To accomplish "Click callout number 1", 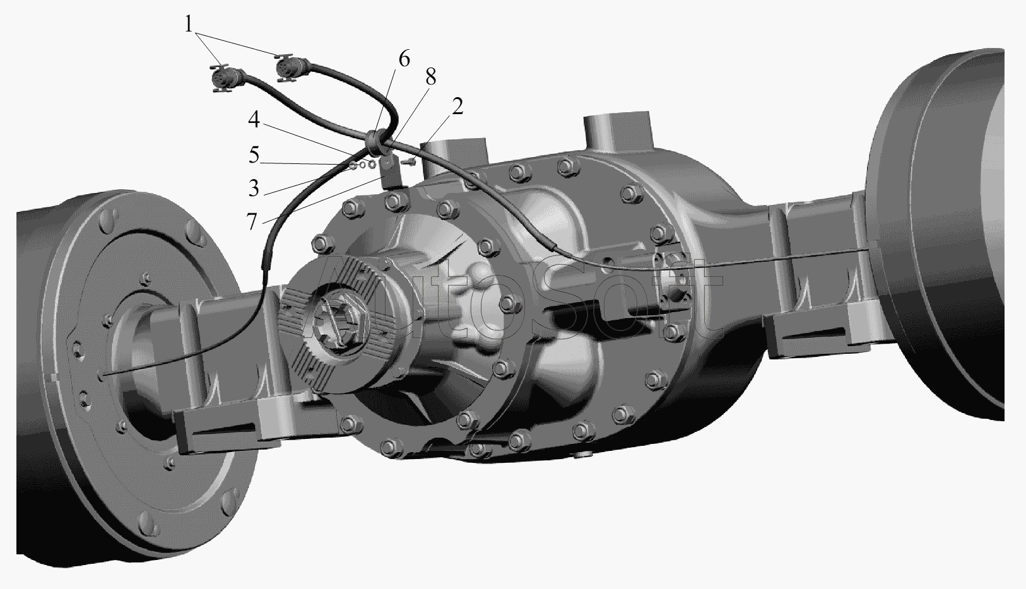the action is point(189,24).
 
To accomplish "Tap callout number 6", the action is point(404,59).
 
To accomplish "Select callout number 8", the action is point(430,77).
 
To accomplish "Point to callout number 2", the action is point(457,106).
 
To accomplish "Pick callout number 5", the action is point(254,155).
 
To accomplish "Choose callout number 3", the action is point(254,188).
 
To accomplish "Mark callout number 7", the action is point(252,222).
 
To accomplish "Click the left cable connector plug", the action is point(223,78).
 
